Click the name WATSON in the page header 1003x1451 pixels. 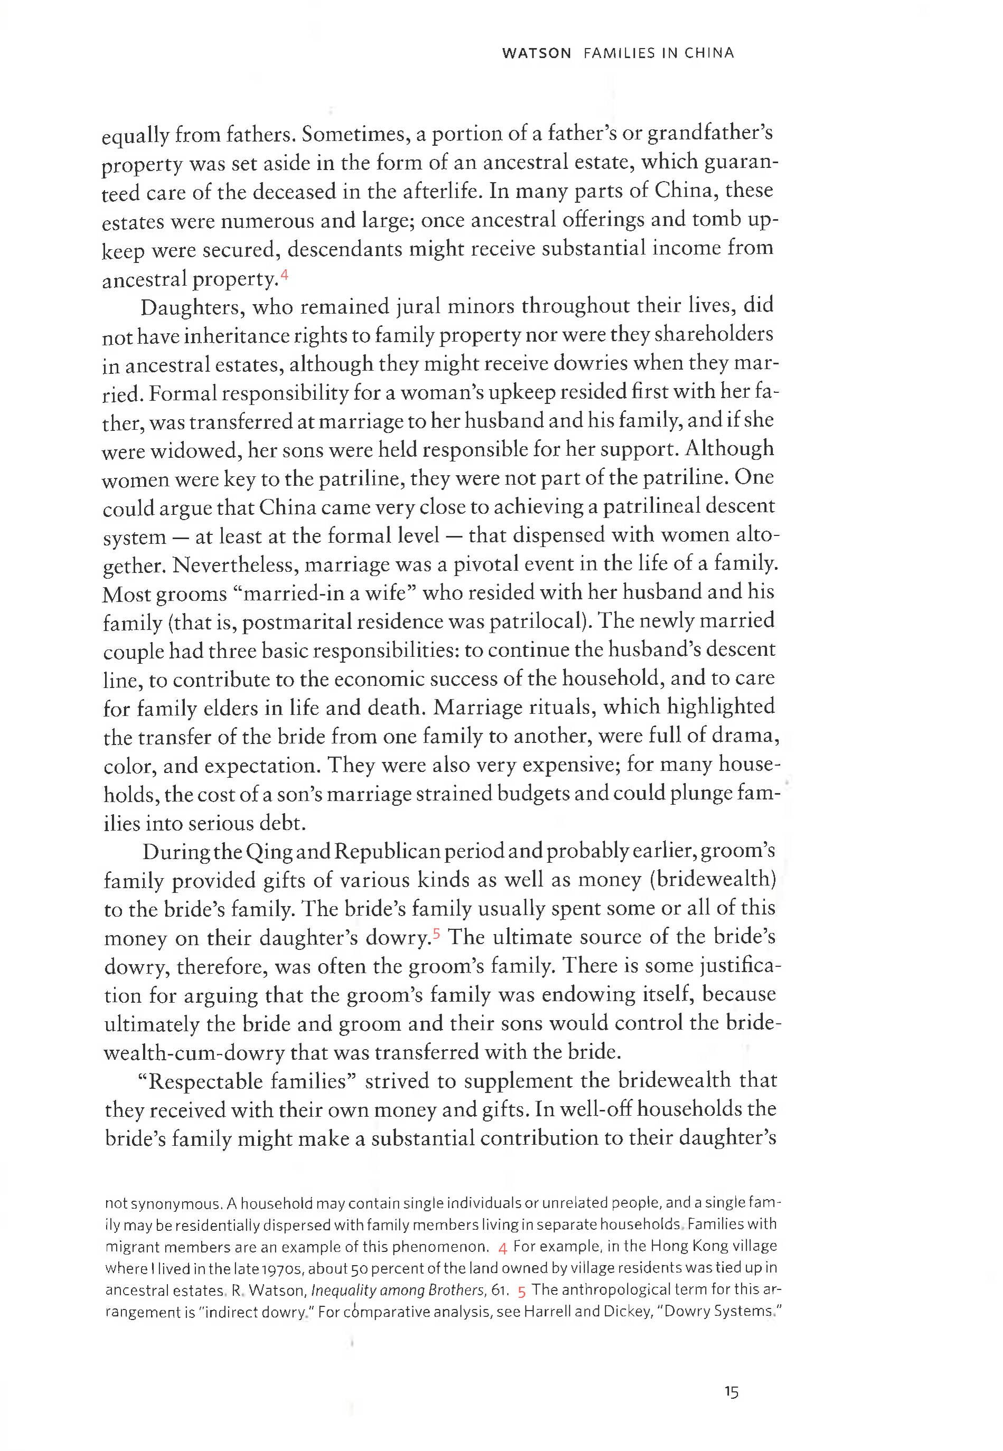536,53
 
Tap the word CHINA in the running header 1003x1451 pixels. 709,53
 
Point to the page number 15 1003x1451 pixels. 731,1392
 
